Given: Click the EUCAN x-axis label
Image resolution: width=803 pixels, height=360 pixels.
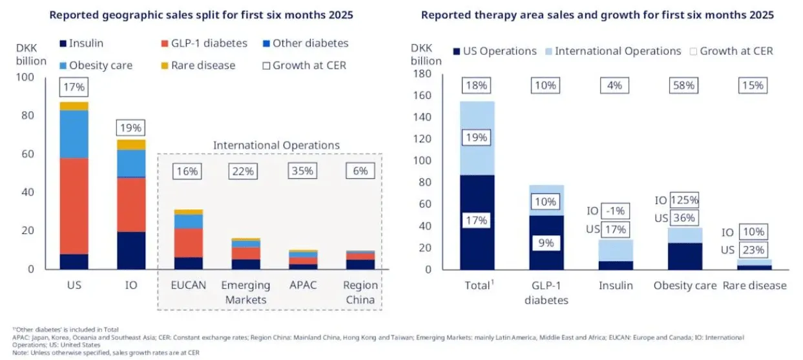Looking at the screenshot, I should click(188, 285).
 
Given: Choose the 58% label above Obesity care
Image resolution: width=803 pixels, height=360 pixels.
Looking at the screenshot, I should click(683, 85).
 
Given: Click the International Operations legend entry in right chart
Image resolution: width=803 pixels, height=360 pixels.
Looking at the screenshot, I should click(610, 51).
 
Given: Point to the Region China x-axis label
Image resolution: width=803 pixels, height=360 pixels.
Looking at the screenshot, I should click(360, 292).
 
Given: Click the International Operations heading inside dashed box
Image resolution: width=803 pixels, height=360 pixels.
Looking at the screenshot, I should click(276, 145).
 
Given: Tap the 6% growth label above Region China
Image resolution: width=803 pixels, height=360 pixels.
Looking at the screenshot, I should click(360, 171).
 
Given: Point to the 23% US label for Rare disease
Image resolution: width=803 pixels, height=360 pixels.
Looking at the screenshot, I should click(753, 250).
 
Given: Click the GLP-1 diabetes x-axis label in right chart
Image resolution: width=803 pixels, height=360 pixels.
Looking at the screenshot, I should click(547, 292).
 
